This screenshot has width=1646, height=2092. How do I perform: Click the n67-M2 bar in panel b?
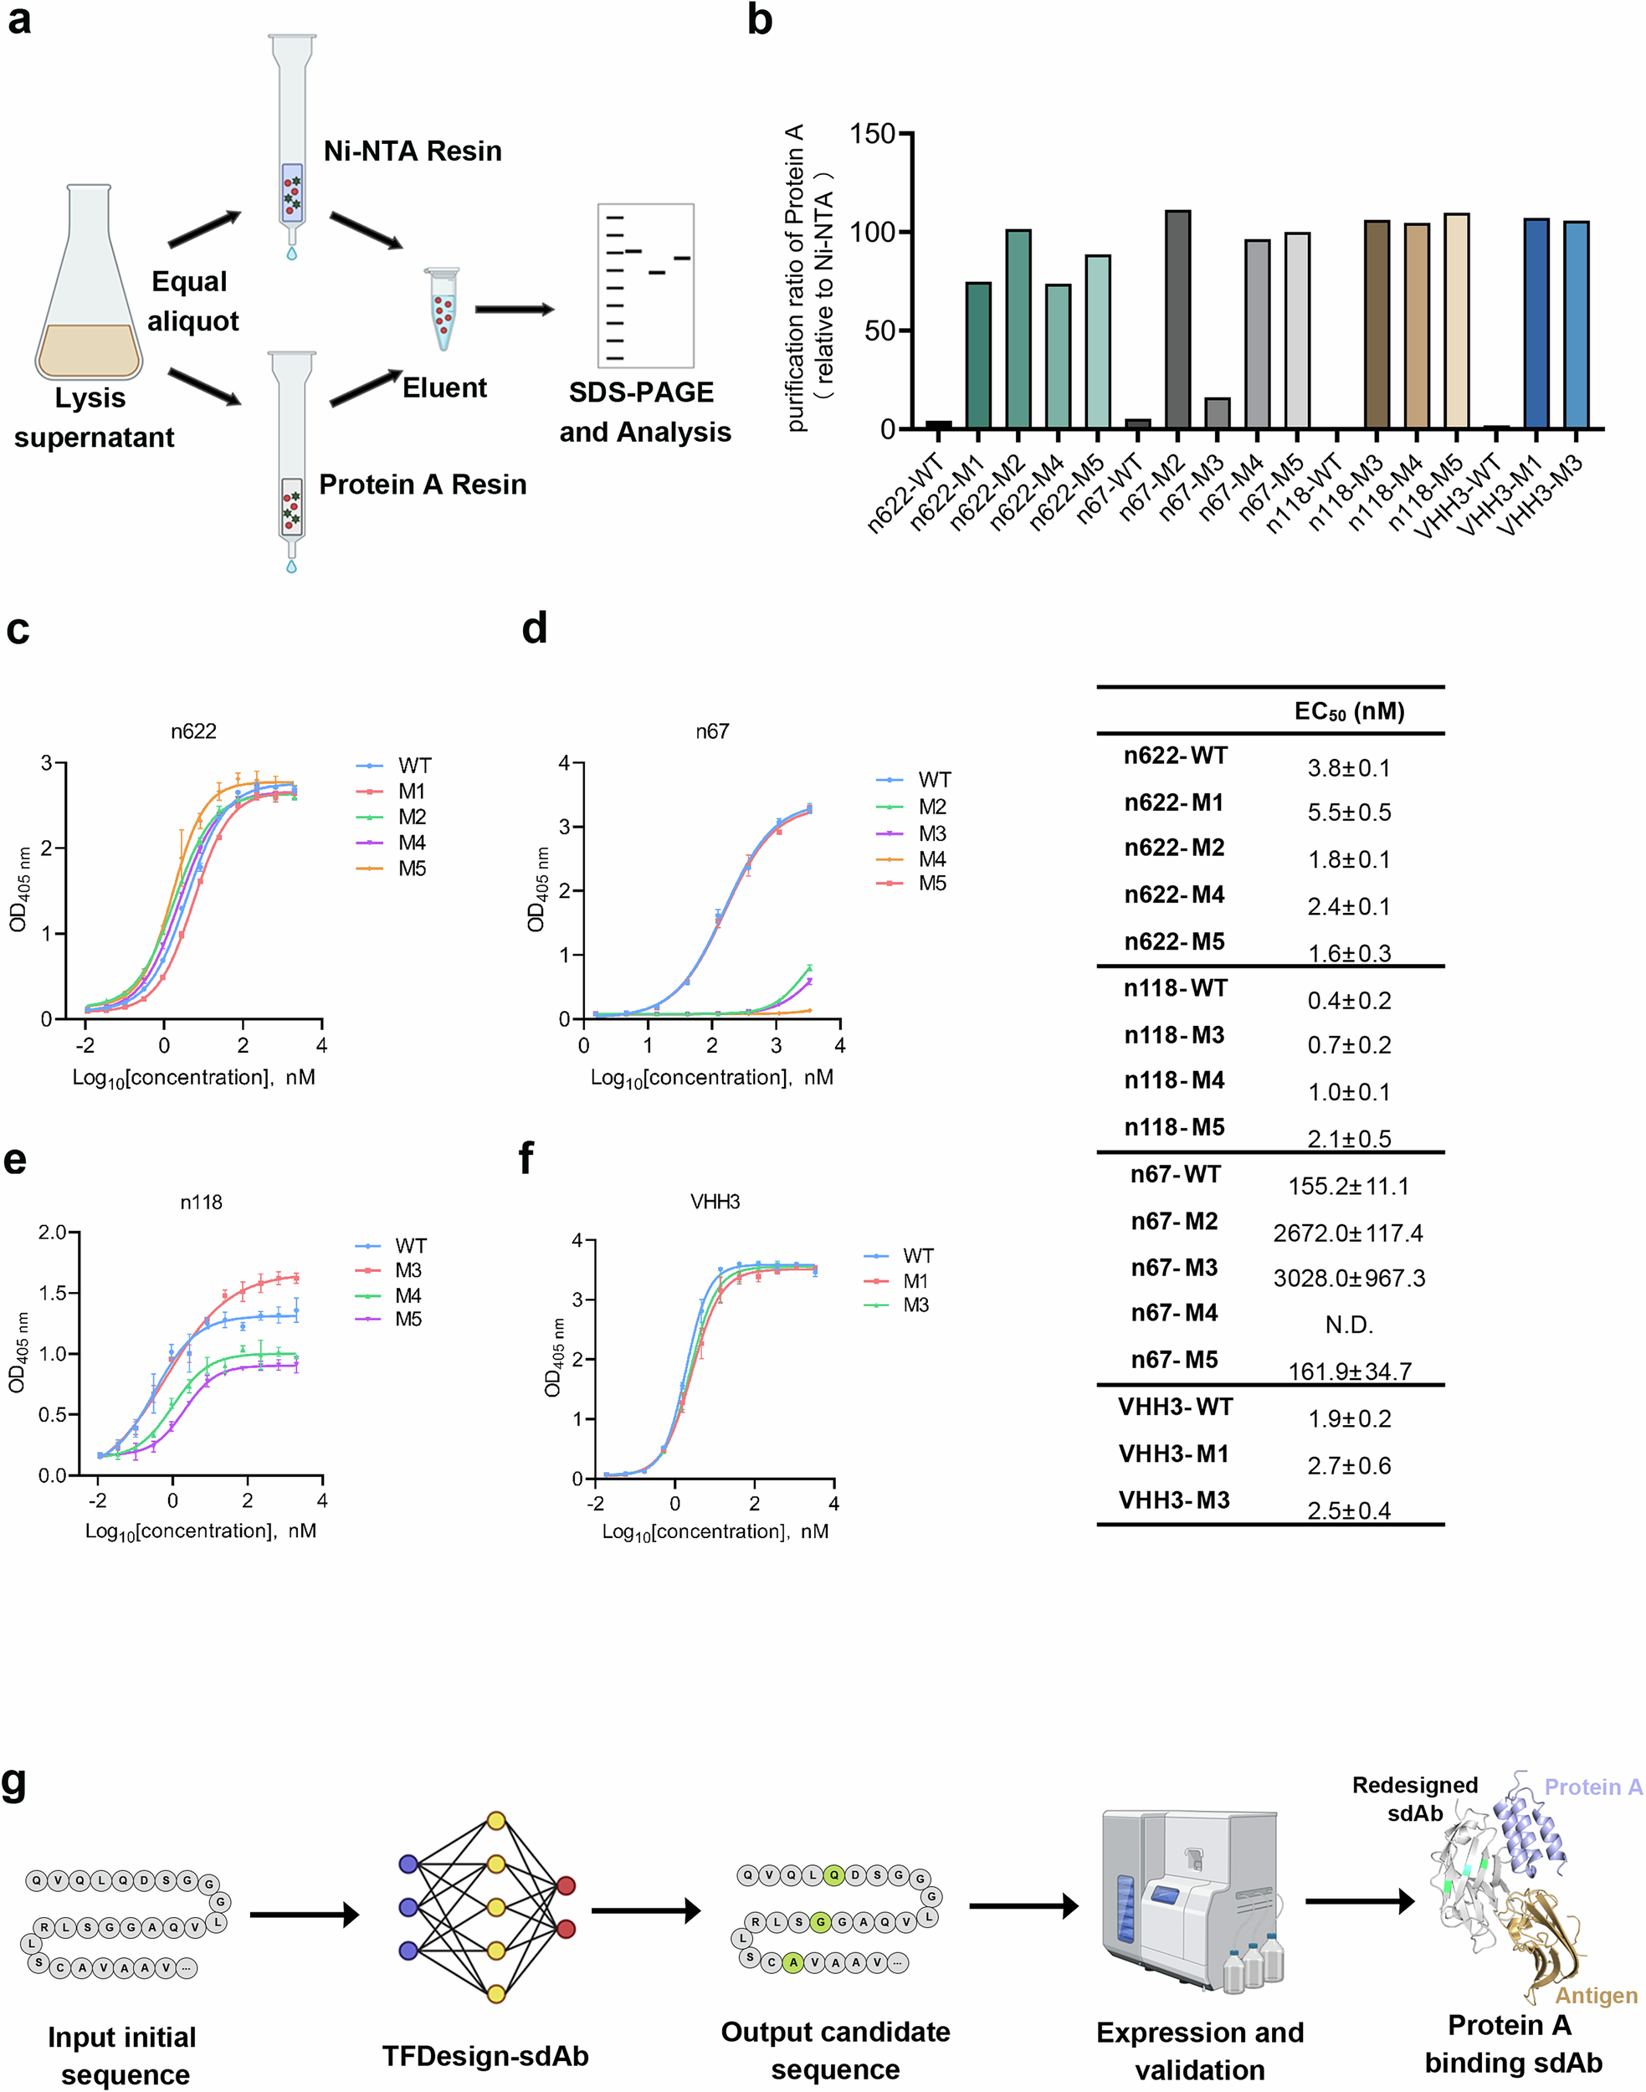(1177, 320)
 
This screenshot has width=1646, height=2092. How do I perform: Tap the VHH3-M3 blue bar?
(1576, 326)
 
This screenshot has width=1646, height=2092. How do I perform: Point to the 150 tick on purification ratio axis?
(872, 134)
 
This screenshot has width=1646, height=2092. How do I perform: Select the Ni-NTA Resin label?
(413, 151)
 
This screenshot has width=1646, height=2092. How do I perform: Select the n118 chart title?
(201, 1202)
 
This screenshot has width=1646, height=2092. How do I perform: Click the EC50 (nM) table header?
(1348, 711)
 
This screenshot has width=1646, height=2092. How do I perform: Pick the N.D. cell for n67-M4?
(1348, 1325)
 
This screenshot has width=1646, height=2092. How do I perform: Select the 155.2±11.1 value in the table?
(1348, 1187)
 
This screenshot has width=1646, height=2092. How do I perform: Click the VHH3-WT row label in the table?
(1175, 1407)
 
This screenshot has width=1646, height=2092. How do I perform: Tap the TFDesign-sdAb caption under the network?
(485, 2055)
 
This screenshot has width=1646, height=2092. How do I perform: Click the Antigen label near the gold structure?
(1596, 1996)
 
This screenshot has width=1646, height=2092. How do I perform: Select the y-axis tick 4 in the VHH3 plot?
(577, 1240)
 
